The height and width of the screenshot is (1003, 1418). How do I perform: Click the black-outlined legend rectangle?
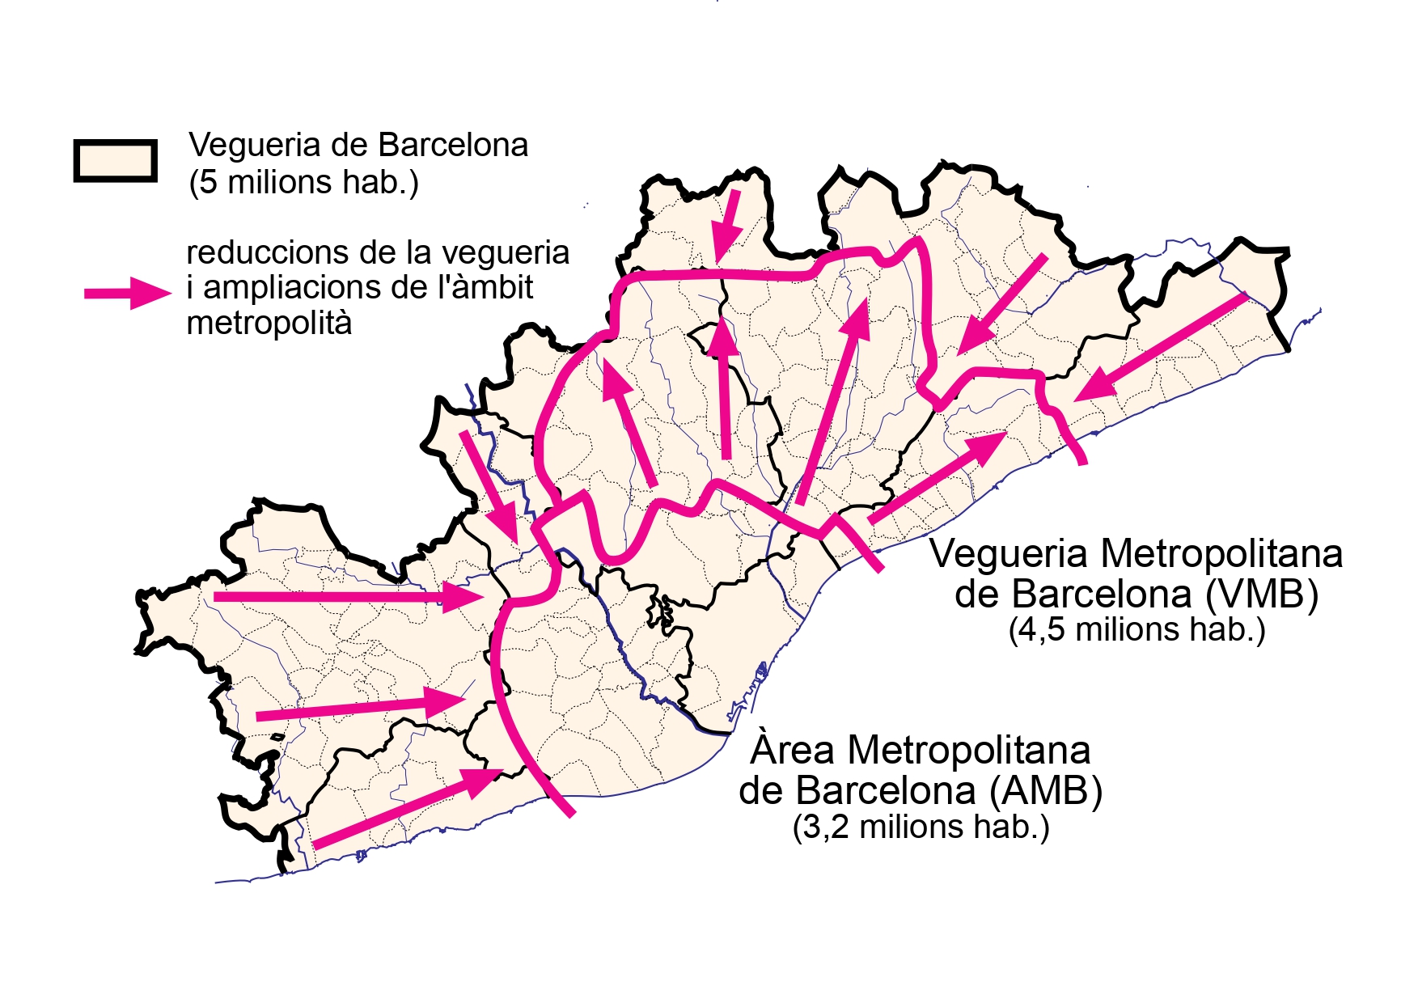tap(116, 160)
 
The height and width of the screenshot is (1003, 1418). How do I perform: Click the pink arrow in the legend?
tap(128, 293)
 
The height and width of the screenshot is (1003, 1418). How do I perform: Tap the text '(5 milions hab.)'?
tap(303, 183)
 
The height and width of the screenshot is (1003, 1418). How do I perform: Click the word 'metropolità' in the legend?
tap(269, 324)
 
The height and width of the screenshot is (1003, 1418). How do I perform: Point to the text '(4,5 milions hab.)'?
tap(1137, 630)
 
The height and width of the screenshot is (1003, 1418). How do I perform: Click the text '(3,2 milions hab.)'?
tap(921, 827)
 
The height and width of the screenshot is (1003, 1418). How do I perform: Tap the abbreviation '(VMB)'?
tap(1262, 595)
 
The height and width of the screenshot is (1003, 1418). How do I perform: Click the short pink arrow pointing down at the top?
tap(728, 222)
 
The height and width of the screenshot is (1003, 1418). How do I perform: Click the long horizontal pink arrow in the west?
tap(348, 598)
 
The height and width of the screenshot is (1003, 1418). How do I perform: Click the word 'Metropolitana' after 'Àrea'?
tap(968, 751)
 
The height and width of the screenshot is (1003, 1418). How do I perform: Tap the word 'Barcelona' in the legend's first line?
tap(453, 146)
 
